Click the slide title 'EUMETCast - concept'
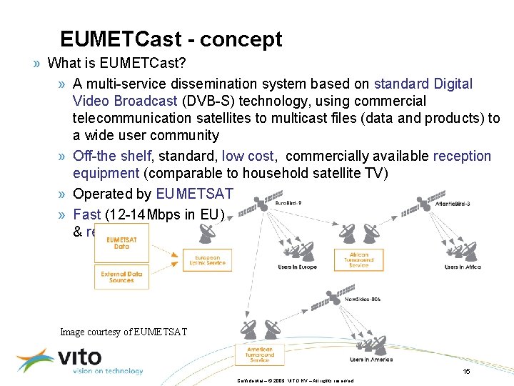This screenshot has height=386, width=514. pyautogui.click(x=171, y=39)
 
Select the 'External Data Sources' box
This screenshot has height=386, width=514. pyautogui.click(x=121, y=277)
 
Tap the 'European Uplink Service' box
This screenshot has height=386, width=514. pyautogui.click(x=207, y=260)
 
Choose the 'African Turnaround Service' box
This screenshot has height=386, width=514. pyautogui.click(x=359, y=259)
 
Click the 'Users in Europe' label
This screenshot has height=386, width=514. pyautogui.click(x=298, y=267)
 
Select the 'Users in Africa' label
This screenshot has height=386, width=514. pyautogui.click(x=463, y=267)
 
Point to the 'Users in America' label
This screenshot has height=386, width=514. pyautogui.click(x=371, y=359)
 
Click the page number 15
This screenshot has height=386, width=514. pyautogui.click(x=466, y=371)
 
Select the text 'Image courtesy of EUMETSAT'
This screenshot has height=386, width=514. pyautogui.click(x=124, y=331)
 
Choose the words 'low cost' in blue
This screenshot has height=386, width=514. pyautogui.click(x=248, y=156)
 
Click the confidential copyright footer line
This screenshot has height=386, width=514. pyautogui.click(x=295, y=380)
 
